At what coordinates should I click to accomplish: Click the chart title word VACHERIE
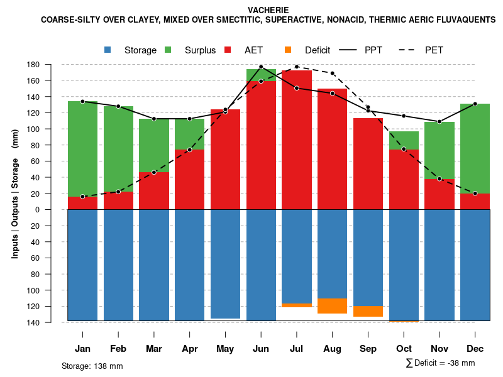click(268, 10)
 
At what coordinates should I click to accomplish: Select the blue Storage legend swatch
click(108, 50)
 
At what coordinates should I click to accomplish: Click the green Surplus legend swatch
click(169, 50)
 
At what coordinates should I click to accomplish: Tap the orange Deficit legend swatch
click(288, 50)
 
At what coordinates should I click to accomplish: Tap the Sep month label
click(368, 349)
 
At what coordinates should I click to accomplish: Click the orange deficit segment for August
click(332, 306)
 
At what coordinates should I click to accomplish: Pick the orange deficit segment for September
click(368, 311)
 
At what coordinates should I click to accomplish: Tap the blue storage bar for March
click(154, 265)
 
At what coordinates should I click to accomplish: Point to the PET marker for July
click(297, 67)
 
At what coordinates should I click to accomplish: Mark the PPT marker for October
click(404, 116)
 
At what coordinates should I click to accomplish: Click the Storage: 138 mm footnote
click(92, 366)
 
